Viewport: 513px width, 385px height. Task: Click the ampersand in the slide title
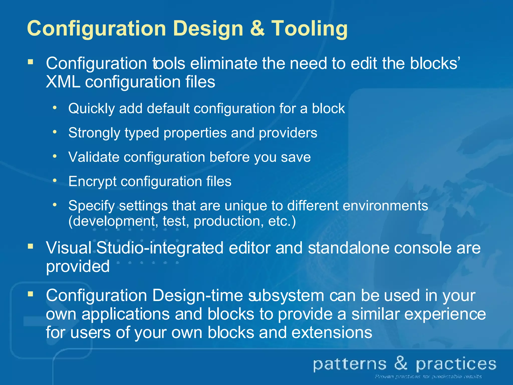pos(257,28)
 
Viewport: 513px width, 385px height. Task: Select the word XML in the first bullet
pos(63,82)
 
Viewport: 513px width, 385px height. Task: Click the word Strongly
pos(94,133)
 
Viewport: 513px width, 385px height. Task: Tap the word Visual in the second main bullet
pos(69,248)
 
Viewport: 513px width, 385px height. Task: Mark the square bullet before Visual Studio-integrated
pos(31,246)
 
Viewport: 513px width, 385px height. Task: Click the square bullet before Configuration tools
pos(31,62)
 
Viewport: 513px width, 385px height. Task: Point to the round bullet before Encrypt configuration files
pos(55,180)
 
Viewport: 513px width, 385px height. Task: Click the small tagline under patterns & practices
pos(428,376)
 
